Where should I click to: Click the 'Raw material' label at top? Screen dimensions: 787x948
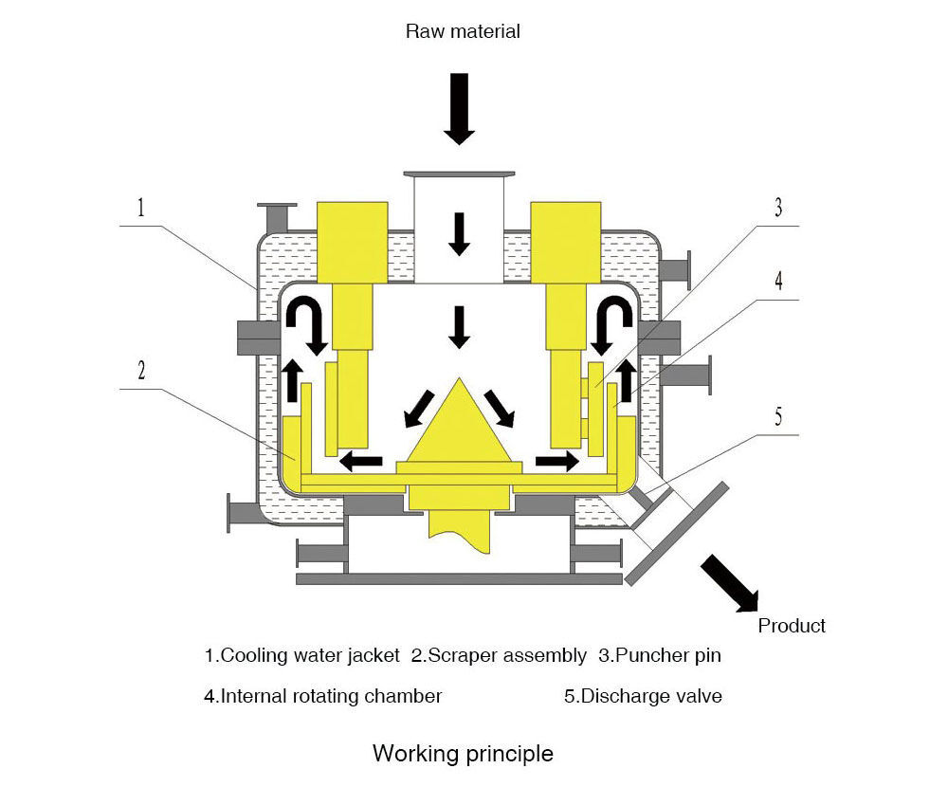tap(463, 31)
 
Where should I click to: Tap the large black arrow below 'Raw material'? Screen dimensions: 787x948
tap(460, 108)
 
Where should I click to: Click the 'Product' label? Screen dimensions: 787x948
tap(792, 626)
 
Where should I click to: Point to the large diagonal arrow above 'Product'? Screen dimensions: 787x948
tap(730, 581)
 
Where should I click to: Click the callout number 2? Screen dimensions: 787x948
tap(141, 371)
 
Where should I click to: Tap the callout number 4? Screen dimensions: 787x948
tap(777, 283)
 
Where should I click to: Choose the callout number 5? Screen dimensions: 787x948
tap(777, 417)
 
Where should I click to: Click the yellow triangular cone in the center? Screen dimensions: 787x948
tap(459, 422)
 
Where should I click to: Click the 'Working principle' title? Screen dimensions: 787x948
tap(463, 754)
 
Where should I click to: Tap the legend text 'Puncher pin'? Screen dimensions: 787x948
tap(673, 655)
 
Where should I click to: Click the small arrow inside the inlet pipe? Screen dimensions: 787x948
tap(460, 233)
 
